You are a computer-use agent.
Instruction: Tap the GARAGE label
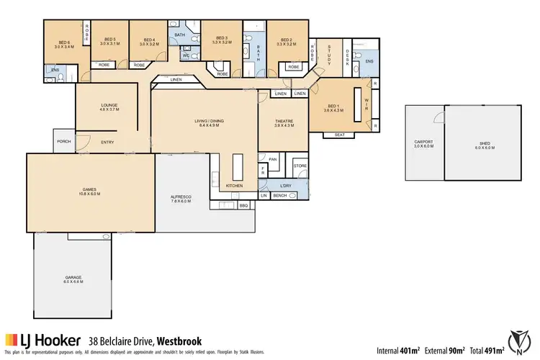(x=73, y=278)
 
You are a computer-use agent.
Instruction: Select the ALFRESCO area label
(x=179, y=199)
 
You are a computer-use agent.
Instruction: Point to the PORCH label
(x=63, y=141)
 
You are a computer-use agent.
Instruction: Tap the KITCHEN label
(x=233, y=186)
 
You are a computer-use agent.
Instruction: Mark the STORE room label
(x=300, y=166)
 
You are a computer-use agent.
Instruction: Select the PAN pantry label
(x=272, y=159)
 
